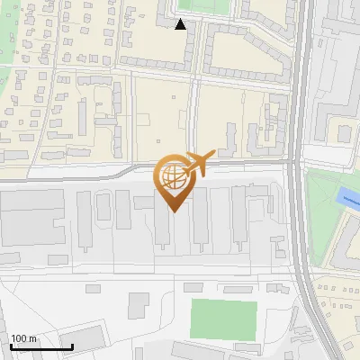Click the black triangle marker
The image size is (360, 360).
[181, 24]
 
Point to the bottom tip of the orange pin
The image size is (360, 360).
[173, 211]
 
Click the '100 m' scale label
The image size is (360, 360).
[23, 338]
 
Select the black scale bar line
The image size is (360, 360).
[40, 346]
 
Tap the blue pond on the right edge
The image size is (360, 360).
[346, 199]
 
